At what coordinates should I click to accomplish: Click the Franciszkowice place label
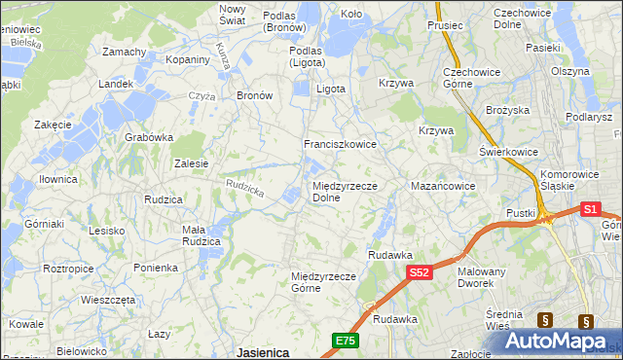pyautogui.click(x=340, y=143)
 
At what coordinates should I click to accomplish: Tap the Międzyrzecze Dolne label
pyautogui.click(x=344, y=191)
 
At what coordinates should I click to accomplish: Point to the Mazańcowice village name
pyautogui.click(x=443, y=185)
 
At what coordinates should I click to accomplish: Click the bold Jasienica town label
pyautogui.click(x=263, y=352)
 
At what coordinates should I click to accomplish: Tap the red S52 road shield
pyautogui.click(x=419, y=273)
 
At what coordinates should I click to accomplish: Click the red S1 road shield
pyautogui.click(x=590, y=208)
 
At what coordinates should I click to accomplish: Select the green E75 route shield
pyautogui.click(x=345, y=340)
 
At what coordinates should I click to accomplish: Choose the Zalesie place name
pyautogui.click(x=191, y=163)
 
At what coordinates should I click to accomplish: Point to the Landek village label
pyautogui.click(x=115, y=85)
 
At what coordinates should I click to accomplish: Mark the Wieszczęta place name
pyautogui.click(x=108, y=300)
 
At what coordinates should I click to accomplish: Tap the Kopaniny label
pyautogui.click(x=188, y=59)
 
